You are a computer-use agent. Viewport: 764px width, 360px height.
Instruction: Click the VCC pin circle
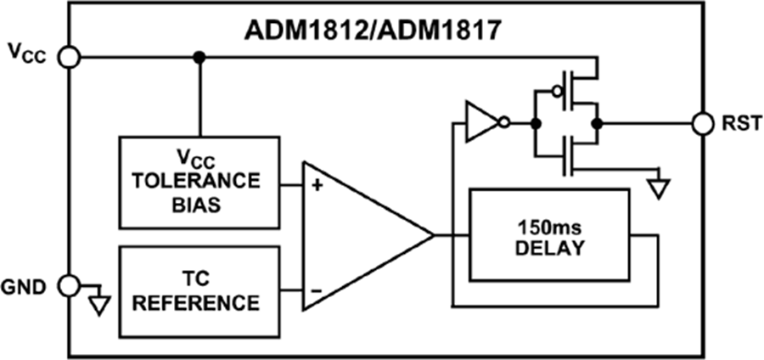pos(70,58)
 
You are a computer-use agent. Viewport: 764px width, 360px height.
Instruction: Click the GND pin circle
pos(70,284)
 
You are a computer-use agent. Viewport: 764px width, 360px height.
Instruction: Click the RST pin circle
pos(703,123)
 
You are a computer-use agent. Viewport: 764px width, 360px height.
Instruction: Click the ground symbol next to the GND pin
pos(100,301)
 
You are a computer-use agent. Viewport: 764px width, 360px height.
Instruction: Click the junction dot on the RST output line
pos(597,123)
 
